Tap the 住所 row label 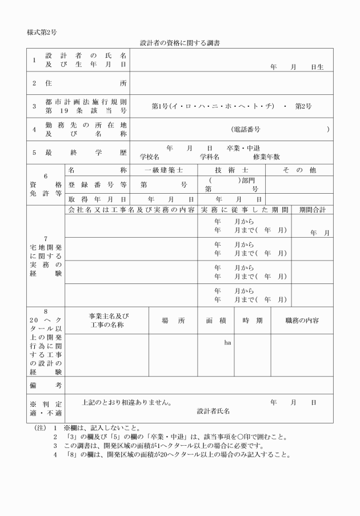tap(79, 83)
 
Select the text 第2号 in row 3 tap(303, 106)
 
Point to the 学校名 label tap(149, 157)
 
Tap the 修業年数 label tap(266, 157)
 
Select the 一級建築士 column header tap(164, 170)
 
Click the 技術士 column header tap(231, 170)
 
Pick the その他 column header tap(299, 170)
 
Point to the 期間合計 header tap(312, 210)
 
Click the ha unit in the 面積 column tap(227, 342)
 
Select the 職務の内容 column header tap(302, 320)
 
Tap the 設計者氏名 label tap(213, 411)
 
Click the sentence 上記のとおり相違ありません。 tap(127, 402)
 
